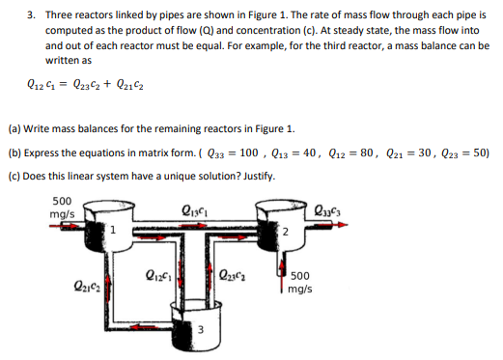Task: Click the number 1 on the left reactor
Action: pyautogui.click(x=113, y=229)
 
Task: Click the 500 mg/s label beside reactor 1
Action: pyautogui.click(x=64, y=212)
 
